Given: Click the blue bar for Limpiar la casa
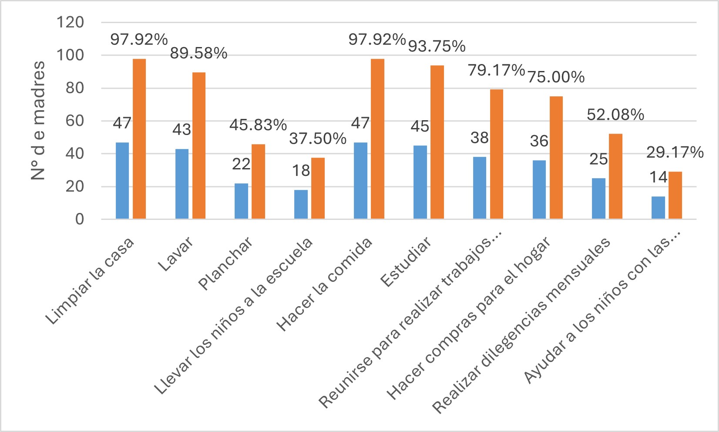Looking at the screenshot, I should [x=122, y=180].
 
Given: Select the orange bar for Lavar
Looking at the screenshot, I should [x=199, y=145].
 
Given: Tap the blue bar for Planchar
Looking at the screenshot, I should [x=241, y=201].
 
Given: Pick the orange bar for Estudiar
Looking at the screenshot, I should [x=437, y=142].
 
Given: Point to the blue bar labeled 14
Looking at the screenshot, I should [x=658, y=207].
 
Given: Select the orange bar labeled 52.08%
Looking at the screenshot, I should [x=615, y=176].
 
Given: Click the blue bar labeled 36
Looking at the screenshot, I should [x=539, y=189].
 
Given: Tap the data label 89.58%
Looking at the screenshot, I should [x=198, y=54].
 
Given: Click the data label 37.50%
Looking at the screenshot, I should [x=318, y=139].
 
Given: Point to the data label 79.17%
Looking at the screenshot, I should [x=496, y=70].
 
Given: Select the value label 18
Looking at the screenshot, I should [x=301, y=171].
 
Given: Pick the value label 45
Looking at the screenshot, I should [x=420, y=126].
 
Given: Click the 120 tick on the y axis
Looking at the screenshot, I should [x=71, y=22].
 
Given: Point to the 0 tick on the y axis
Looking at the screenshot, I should [x=79, y=219].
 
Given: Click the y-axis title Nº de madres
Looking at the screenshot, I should [x=38, y=121].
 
